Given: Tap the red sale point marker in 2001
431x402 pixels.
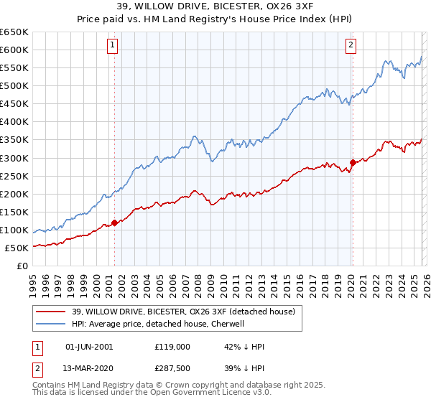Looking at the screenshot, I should tap(114, 223).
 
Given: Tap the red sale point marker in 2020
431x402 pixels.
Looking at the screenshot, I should tap(353, 162).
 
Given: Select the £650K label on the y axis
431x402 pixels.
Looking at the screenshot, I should tap(14, 32).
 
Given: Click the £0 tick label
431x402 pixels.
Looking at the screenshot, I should tap(22, 266).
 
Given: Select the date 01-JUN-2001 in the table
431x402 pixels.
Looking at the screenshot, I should tap(89, 346).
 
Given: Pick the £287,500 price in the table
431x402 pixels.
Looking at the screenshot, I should tap(172, 370).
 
